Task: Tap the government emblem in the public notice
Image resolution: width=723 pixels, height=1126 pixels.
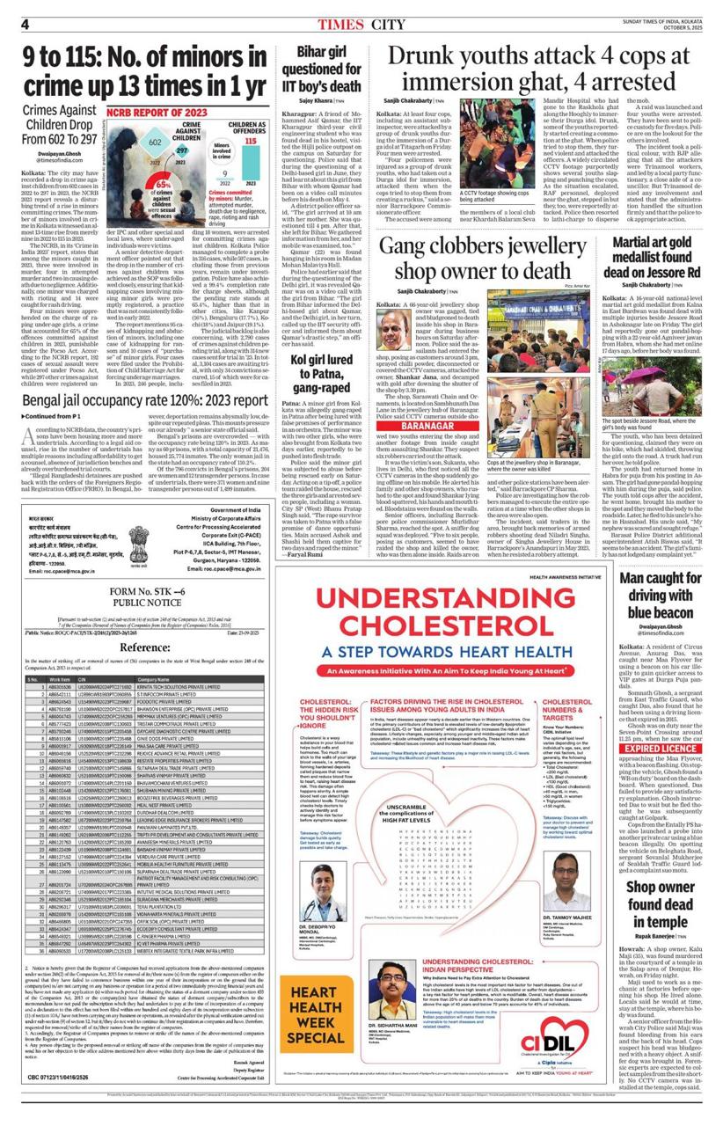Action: pyautogui.click(x=31, y=542)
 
